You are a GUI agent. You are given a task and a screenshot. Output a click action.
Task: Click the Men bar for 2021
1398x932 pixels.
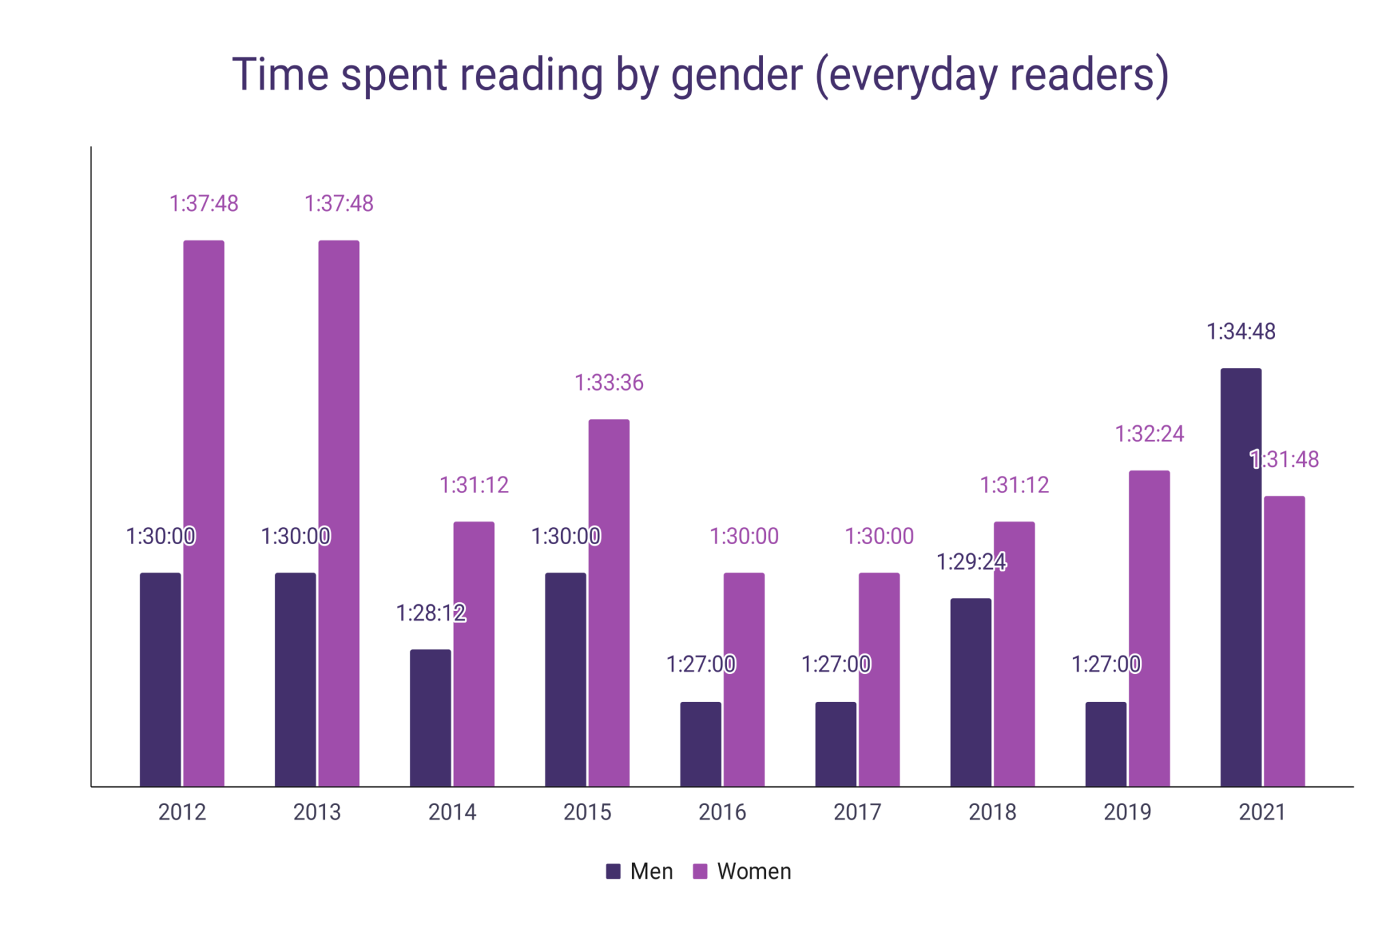1240,577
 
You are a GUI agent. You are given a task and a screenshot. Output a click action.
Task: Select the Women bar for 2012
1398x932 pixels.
203,513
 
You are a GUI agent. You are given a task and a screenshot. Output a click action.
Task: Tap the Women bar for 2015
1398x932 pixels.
609,602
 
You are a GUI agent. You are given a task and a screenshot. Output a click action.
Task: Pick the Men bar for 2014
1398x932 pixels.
430,718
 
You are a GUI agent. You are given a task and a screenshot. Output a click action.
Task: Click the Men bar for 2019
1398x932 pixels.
1106,744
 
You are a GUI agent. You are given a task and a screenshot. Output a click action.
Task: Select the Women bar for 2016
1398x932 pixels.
743,679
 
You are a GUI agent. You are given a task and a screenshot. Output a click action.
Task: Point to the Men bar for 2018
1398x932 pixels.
970,692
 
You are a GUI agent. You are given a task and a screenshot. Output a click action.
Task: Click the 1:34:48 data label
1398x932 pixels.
1240,332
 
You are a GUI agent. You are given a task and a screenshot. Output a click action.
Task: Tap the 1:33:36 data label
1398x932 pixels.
609,383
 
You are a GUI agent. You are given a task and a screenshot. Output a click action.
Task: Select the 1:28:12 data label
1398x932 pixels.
431,613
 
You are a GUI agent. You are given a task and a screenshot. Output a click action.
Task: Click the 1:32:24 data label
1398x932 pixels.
1149,434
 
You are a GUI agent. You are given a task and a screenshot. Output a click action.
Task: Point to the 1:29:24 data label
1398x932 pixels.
971,562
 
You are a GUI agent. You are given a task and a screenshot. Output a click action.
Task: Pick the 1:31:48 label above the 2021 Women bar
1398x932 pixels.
1284,460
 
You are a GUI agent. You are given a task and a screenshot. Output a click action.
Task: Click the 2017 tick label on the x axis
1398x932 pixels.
857,812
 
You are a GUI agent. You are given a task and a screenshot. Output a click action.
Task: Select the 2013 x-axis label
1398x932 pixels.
317,812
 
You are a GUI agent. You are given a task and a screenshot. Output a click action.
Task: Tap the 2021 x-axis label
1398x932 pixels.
1261,812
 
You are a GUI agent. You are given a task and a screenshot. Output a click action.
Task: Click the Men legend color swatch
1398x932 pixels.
613,871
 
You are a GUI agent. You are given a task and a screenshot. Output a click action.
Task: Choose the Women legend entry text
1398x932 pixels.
754,871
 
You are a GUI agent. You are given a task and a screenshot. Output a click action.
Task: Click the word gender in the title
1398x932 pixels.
737,75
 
